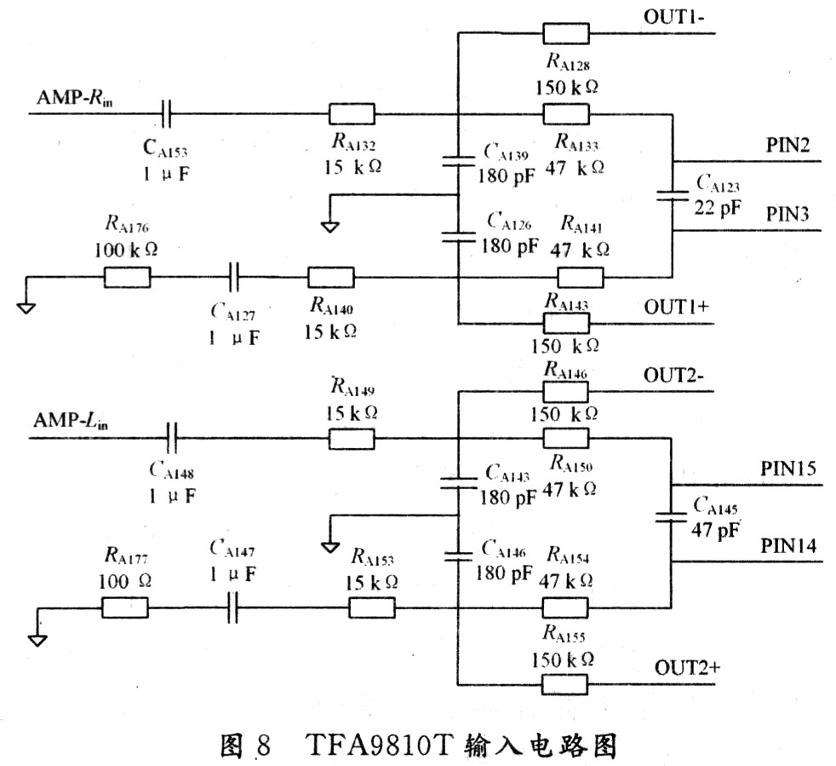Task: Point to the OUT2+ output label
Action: [685, 667]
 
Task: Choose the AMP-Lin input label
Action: [72, 420]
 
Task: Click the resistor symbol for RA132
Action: [352, 113]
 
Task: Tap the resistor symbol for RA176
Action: [127, 278]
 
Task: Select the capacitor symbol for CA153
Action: [168, 113]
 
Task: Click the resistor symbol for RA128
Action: [566, 33]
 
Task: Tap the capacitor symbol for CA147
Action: [232, 608]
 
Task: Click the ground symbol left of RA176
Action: [26, 304]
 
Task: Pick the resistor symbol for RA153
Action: [372, 608]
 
